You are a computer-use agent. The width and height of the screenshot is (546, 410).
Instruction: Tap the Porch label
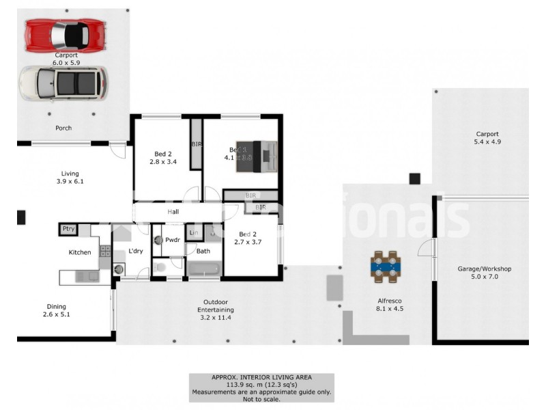coord(63,128)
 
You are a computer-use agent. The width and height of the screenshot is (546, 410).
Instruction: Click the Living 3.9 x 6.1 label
coord(70,178)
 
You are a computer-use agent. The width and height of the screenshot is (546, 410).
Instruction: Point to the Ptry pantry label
coord(68,229)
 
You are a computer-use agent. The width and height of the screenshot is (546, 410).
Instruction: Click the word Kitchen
coord(80,253)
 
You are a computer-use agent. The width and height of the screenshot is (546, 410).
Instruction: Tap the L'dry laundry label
coord(136,251)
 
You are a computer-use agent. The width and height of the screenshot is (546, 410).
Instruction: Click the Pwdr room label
coord(172,240)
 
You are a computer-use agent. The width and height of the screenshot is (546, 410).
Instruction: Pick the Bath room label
coord(203,251)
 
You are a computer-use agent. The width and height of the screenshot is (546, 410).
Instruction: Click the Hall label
coord(173,213)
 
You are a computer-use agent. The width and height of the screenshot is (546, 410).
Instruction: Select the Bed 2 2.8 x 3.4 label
coord(163,158)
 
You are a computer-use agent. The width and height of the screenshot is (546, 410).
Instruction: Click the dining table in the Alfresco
coord(387,266)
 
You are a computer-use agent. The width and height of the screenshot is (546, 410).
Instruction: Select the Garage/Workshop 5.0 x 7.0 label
coord(484,273)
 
